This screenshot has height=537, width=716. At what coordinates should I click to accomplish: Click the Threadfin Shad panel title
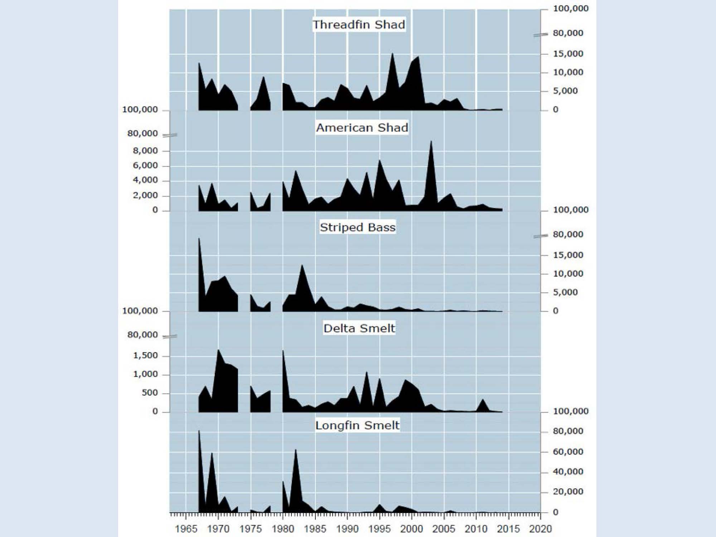point(359,25)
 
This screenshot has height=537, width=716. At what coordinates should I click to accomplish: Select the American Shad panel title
point(362,128)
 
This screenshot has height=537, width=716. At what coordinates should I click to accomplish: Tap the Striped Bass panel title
point(358,227)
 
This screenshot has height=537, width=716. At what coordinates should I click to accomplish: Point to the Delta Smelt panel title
point(359,328)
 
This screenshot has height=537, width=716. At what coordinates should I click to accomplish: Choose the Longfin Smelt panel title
point(357,425)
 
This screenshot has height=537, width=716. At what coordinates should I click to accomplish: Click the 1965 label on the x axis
point(186,529)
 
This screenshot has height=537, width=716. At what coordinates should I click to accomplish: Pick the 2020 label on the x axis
point(541,529)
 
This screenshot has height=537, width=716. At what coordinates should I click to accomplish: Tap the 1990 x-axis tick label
point(347,529)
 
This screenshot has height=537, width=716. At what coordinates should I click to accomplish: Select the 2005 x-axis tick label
point(444,529)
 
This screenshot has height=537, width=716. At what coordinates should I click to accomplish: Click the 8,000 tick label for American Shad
point(145,151)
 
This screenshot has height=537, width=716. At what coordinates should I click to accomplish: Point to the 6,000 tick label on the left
point(145,166)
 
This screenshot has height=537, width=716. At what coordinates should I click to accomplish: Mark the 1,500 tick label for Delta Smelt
point(145,355)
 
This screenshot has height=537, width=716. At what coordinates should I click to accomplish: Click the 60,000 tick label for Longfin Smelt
point(568,452)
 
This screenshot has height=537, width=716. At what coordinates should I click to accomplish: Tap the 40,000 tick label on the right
point(568,472)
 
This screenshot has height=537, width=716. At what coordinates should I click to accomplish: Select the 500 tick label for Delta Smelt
point(150,393)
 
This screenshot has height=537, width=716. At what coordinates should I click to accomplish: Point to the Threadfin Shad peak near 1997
point(392,53)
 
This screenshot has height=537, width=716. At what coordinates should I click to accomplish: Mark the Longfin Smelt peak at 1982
point(296,450)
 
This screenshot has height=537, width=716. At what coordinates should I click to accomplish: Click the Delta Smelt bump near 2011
point(483,399)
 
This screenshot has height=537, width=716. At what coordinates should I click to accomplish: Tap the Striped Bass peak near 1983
point(302,265)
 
